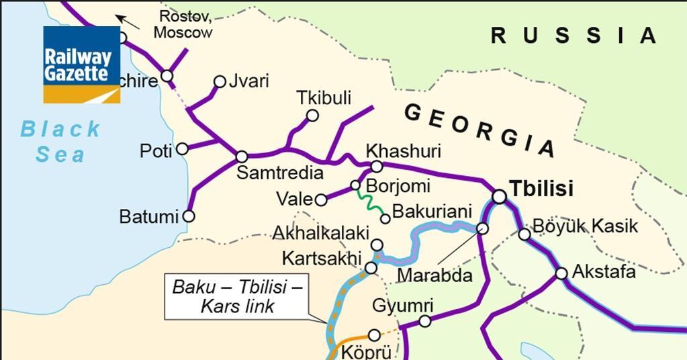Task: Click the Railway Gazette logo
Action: coord(81,64)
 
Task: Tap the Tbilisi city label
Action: coord(541,189)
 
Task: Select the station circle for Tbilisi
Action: coord(499,196)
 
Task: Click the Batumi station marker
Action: coord(189,216)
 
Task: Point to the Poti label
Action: coord(155,151)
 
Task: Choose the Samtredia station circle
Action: coord(241,156)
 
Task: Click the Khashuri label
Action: coord(394,149)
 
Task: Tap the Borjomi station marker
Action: coord(355,185)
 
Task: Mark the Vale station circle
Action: coord(321,199)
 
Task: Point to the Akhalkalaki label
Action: coord(321,233)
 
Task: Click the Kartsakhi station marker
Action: coord(371,267)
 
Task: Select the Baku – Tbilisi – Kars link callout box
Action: coord(238,298)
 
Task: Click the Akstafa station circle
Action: coord(561,273)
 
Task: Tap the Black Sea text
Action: coord(60,141)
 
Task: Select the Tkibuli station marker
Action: coord(312,116)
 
